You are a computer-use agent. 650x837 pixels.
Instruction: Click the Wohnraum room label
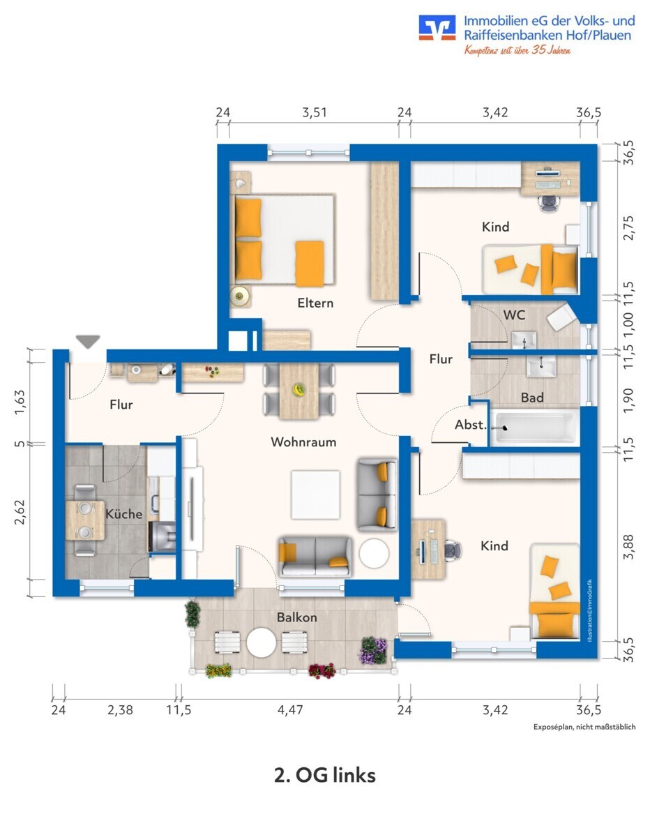click(x=303, y=442)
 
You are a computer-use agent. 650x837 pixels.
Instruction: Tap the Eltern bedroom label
click(x=315, y=303)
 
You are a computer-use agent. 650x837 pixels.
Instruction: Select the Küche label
click(x=124, y=514)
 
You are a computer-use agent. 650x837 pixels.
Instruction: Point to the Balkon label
click(x=296, y=617)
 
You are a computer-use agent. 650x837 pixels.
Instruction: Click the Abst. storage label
click(x=470, y=425)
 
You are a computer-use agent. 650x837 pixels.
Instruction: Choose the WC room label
click(x=514, y=315)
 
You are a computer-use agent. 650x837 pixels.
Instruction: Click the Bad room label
click(x=532, y=398)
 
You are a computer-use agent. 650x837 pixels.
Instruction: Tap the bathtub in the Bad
click(x=535, y=427)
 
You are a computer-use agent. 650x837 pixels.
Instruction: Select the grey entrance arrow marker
click(x=88, y=342)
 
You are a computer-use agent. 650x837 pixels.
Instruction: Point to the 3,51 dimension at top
click(x=314, y=112)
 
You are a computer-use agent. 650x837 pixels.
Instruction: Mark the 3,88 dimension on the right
click(x=629, y=545)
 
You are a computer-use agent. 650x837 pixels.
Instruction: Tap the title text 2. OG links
click(x=324, y=775)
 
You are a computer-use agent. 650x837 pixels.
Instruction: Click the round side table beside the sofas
click(x=374, y=554)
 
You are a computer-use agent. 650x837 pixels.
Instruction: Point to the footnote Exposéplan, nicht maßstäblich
click(x=584, y=727)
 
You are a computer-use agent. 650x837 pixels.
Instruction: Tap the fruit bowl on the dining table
click(x=299, y=391)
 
